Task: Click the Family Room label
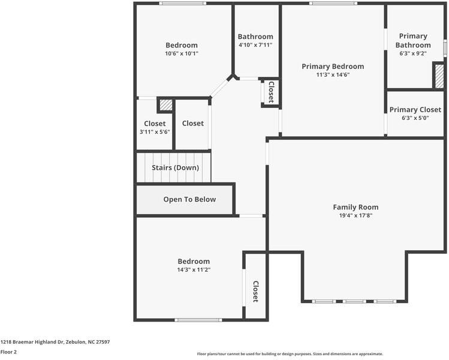click(x=355, y=207)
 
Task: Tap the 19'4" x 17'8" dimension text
click(x=355, y=215)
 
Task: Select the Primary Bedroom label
click(x=333, y=67)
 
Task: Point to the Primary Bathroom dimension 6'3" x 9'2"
click(x=413, y=53)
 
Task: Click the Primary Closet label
click(x=415, y=110)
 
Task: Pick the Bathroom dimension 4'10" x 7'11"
click(x=255, y=45)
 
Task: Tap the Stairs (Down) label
click(x=175, y=167)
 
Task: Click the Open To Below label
click(x=189, y=199)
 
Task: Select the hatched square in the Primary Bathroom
click(x=439, y=76)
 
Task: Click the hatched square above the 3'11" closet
click(x=166, y=105)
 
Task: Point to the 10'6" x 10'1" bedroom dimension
click(x=182, y=53)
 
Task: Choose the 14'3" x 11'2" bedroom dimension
click(x=194, y=270)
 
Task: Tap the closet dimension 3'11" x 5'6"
click(x=155, y=132)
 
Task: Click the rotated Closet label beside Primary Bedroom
click(x=271, y=92)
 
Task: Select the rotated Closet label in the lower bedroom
click(x=255, y=291)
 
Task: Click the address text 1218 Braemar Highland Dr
click(x=32, y=342)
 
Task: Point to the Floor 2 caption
click(x=8, y=352)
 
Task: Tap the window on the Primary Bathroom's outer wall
click(x=445, y=47)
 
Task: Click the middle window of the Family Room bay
click(x=354, y=302)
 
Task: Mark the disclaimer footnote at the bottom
click(x=290, y=354)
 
